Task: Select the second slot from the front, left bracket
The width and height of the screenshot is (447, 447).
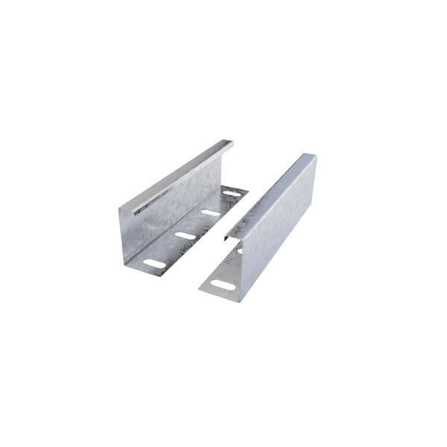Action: pyautogui.click(x=185, y=236)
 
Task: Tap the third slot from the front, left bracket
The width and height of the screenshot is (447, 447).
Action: pyautogui.click(x=211, y=213)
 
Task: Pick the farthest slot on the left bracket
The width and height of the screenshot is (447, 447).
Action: pyautogui.click(x=232, y=194)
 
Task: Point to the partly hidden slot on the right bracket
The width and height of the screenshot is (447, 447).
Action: pyautogui.click(x=239, y=251)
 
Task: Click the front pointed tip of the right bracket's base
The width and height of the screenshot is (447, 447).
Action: pyautogui.click(x=200, y=288)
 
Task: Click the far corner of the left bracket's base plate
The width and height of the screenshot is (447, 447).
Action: pyautogui.click(x=247, y=191)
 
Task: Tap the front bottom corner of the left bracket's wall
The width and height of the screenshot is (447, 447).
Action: pyautogui.click(x=124, y=262)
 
